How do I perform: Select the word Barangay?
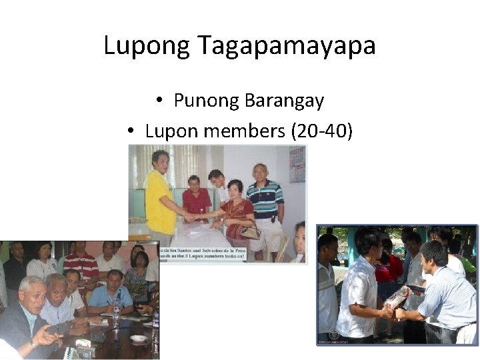coord(284,101)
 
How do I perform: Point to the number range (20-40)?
coord(322,131)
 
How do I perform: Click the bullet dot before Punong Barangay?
coord(160,101)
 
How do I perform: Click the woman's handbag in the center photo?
coord(250,231)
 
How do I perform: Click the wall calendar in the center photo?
coord(297,164)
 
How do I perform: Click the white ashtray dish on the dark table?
coord(139,339)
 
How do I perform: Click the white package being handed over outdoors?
coord(399,297)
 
